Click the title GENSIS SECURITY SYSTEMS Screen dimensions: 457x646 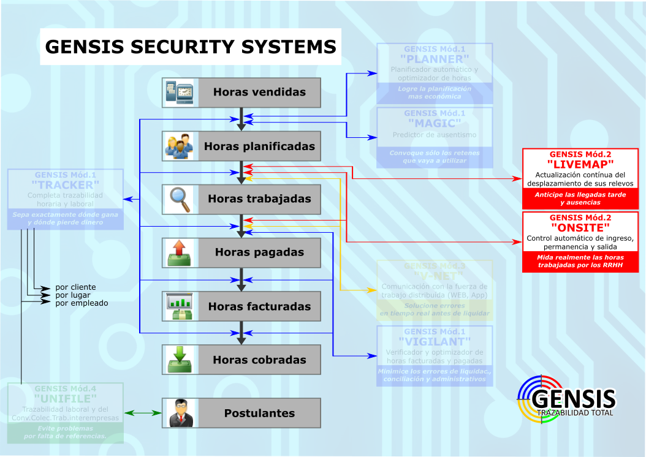pos(191,47)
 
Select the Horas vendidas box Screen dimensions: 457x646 pos(241,93)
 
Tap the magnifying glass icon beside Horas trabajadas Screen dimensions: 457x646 pos(179,199)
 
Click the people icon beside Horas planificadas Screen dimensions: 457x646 pos(179,146)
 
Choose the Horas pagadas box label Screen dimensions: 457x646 pos(259,252)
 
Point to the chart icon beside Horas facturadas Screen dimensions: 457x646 pos(179,306)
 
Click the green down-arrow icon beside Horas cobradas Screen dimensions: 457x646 pos(179,360)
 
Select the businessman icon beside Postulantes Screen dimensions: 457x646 pos(179,413)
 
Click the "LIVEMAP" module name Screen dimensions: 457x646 pos(580,165)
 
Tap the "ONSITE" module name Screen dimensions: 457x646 pos(580,227)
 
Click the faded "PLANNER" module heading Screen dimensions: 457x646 pos(435,59)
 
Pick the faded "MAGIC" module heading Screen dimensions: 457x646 pos(435,124)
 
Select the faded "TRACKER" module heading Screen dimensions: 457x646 pos(65,185)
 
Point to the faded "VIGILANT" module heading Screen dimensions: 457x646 pos(435,341)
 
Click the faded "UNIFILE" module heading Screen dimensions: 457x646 pos(65,399)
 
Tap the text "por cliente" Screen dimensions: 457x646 pos(75,287)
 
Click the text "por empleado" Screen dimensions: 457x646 pos(82,303)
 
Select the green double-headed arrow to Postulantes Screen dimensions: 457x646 pos(143,413)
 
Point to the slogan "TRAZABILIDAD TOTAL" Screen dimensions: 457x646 pos(575,413)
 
